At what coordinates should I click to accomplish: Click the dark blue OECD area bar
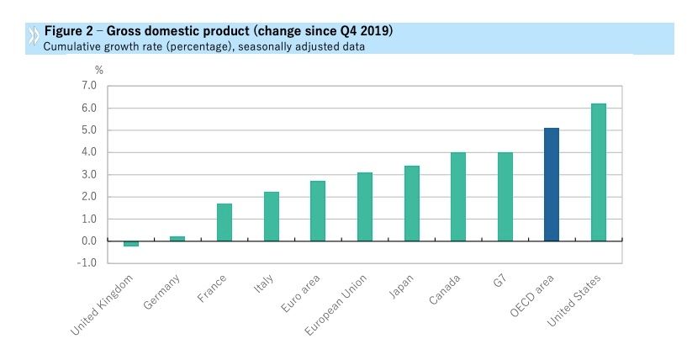552,184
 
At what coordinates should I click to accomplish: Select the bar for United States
598,172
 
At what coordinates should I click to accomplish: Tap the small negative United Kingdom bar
130,244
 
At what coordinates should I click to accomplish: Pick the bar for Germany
177,239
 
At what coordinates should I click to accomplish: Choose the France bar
225,222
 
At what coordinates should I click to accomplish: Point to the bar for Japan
411,204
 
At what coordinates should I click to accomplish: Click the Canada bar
458,197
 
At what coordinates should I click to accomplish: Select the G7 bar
505,197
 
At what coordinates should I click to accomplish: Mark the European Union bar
364,207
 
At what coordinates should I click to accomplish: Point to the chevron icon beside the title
33,36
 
